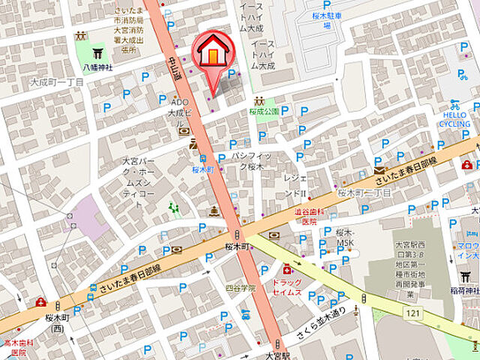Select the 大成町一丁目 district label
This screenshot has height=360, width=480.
[57, 82]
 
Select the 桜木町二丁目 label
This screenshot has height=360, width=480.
[364, 193]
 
